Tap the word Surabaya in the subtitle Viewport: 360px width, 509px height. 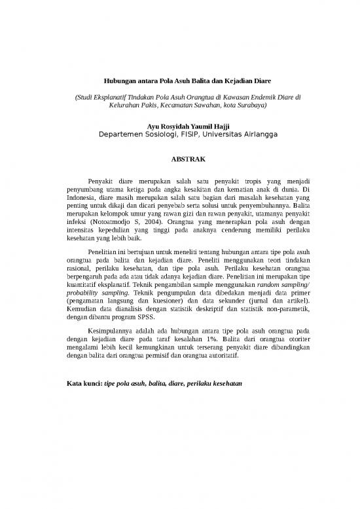click(251, 105)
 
